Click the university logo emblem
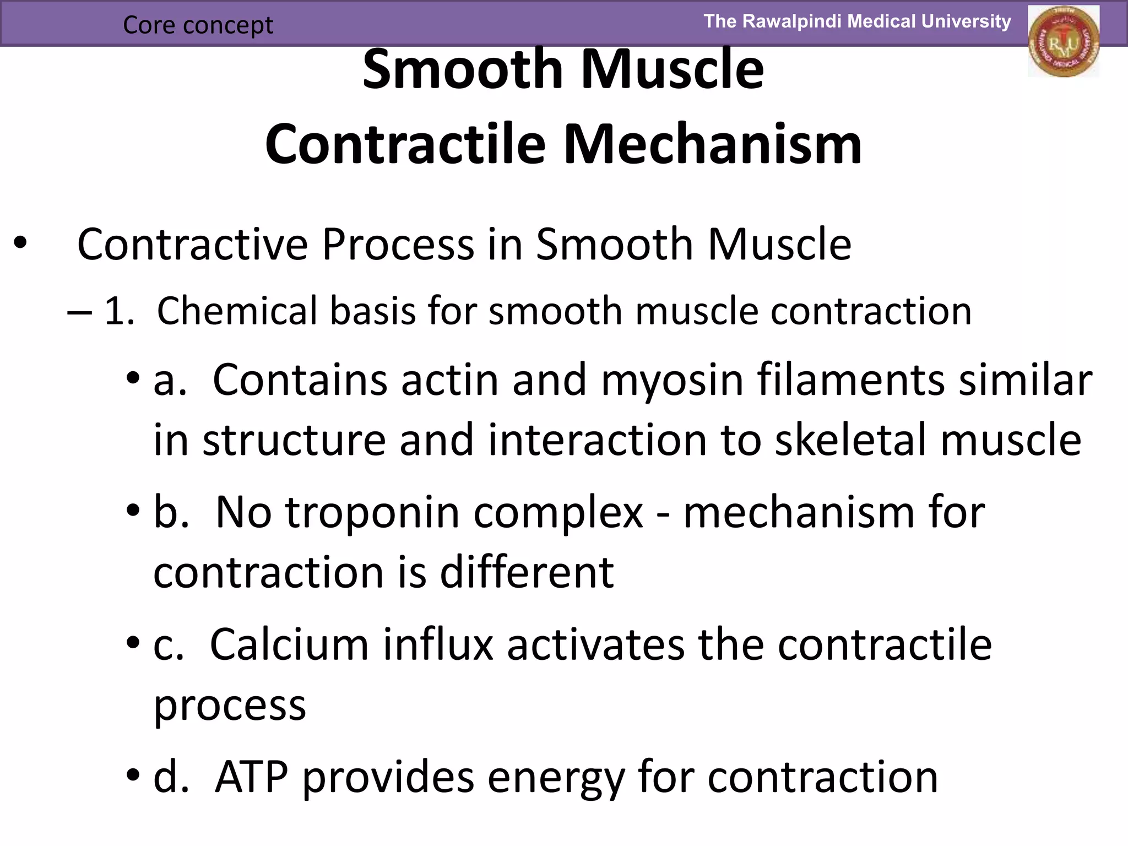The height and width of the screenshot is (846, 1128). coord(1063,41)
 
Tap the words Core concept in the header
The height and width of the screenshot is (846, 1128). coord(198,25)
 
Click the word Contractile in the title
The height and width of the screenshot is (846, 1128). coord(405,144)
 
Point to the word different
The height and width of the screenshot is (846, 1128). coord(527,572)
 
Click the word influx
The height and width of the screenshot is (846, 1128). coord(438,644)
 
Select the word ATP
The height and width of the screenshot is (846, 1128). coord(252,777)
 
